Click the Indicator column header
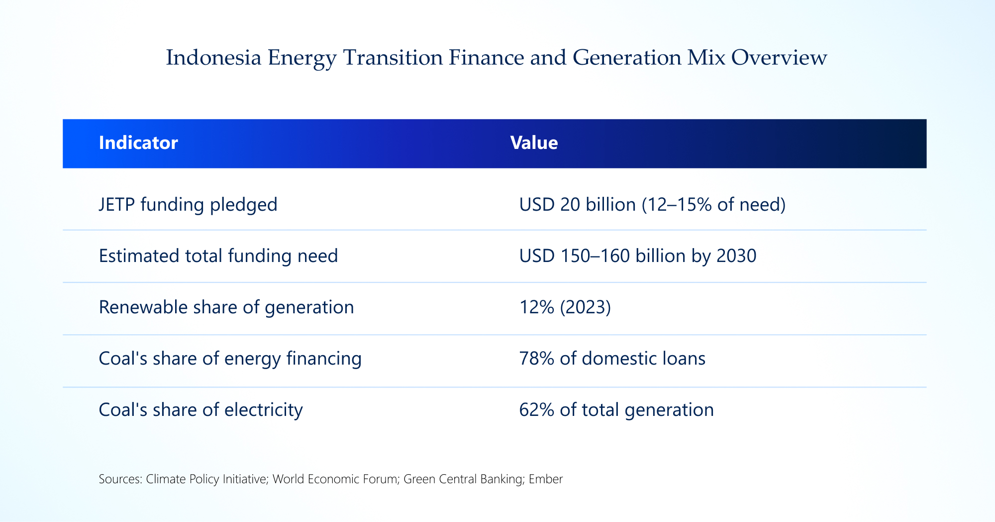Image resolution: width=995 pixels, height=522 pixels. (x=138, y=143)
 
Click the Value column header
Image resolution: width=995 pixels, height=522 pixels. (x=534, y=143)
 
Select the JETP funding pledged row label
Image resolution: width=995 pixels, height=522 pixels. (x=188, y=205)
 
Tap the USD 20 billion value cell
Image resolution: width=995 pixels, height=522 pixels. (x=652, y=205)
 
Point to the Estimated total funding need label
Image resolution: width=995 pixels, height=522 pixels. (x=218, y=256)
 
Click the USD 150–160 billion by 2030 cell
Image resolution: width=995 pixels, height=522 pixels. (x=637, y=256)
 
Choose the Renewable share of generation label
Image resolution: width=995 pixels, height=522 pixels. (x=226, y=307)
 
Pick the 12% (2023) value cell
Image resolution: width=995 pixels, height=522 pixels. (x=565, y=307)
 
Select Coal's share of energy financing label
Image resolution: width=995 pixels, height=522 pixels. (x=230, y=359)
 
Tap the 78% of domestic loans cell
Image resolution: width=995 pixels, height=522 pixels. (x=612, y=359)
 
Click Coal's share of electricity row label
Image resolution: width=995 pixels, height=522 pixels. (x=200, y=410)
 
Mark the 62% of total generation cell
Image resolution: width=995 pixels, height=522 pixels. (x=616, y=410)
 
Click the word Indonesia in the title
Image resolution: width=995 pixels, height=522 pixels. (x=213, y=58)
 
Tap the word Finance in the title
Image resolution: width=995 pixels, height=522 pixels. (x=486, y=58)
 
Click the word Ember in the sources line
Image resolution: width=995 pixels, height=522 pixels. (x=546, y=479)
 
